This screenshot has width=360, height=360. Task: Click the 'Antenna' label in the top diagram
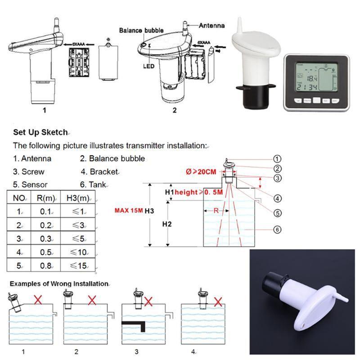(211, 26)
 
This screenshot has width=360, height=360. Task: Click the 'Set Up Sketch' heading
(40, 132)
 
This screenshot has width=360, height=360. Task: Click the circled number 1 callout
(277, 158)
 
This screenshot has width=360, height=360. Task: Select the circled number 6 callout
(277, 229)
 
